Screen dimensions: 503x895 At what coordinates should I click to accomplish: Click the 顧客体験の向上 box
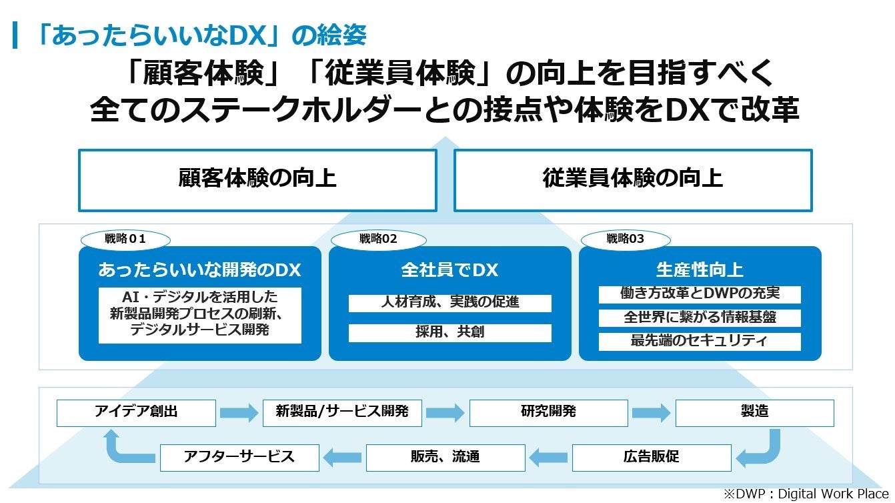click(257, 179)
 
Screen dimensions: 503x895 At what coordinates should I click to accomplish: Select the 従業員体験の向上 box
click(632, 179)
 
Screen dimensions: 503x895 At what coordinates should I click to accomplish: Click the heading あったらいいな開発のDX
click(199, 270)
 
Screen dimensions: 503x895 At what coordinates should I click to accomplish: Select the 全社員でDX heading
click(450, 270)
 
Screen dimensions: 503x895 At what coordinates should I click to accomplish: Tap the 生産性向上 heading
click(700, 270)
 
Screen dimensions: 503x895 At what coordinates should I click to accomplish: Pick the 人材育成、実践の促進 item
click(450, 303)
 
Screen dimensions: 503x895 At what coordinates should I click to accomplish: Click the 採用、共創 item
click(450, 332)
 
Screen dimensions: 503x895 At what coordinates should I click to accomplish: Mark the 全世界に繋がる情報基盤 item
click(700, 318)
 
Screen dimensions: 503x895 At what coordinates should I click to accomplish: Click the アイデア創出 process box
click(136, 412)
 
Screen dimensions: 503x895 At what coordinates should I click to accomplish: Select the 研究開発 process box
click(548, 412)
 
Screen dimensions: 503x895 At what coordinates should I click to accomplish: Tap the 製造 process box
click(754, 412)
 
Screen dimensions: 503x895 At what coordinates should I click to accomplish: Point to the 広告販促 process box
click(652, 457)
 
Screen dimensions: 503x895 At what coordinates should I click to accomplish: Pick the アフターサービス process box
click(239, 457)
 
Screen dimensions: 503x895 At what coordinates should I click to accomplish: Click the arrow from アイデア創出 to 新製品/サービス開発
click(239, 413)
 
